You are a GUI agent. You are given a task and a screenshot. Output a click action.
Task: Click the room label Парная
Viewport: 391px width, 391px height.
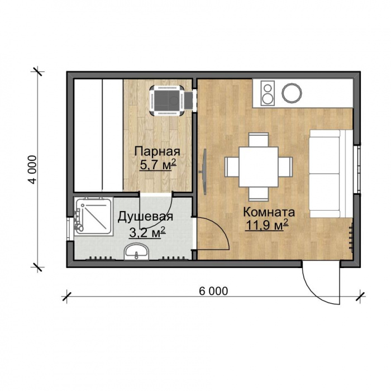coord(157,151)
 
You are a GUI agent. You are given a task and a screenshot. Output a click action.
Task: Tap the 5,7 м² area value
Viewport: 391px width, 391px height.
coord(158,165)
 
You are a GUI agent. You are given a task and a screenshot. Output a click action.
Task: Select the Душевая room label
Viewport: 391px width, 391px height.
coord(145,217)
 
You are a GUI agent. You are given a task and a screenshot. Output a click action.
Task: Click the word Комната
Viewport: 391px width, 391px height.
coord(269,212)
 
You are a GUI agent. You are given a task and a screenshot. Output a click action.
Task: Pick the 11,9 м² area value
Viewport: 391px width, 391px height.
coord(267,225)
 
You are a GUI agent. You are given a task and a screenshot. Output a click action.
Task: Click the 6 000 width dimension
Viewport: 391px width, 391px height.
coord(213,291)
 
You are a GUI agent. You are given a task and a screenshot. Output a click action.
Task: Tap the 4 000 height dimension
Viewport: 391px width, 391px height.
coord(32,170)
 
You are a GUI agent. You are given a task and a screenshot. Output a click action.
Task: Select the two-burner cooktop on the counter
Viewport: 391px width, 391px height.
coord(268,93)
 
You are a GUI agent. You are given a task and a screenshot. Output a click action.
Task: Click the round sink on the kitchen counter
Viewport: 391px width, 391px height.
coord(292,93)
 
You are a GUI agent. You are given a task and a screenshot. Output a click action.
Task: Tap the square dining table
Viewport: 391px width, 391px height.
coord(258,167)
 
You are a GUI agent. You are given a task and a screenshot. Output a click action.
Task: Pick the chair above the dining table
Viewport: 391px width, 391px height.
coord(259,140)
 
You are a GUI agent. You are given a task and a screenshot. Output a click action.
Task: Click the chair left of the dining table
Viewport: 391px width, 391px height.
coord(232,167)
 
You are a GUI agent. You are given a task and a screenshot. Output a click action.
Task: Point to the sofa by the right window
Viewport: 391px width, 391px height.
coord(331,174)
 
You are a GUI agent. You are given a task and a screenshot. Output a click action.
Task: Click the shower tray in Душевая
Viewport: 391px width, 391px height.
coord(93,216)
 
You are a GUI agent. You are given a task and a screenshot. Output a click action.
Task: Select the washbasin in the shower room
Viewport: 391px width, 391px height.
coord(136,251)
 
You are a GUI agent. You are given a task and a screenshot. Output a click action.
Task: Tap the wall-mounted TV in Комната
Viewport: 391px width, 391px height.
coord(204,171)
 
